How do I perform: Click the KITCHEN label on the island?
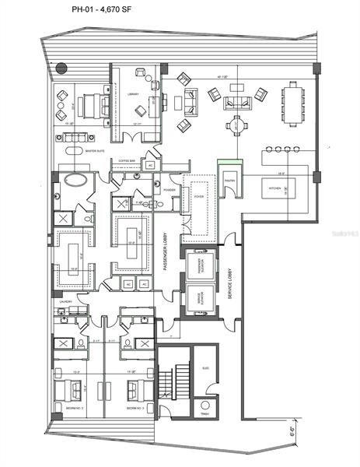(274, 188)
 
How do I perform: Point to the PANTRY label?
(230, 180)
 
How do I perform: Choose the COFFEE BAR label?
(127, 161)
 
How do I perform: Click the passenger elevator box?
(200, 266)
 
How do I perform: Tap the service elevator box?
(200, 298)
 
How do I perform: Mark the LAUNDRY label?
(65, 301)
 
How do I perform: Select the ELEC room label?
(205, 368)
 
